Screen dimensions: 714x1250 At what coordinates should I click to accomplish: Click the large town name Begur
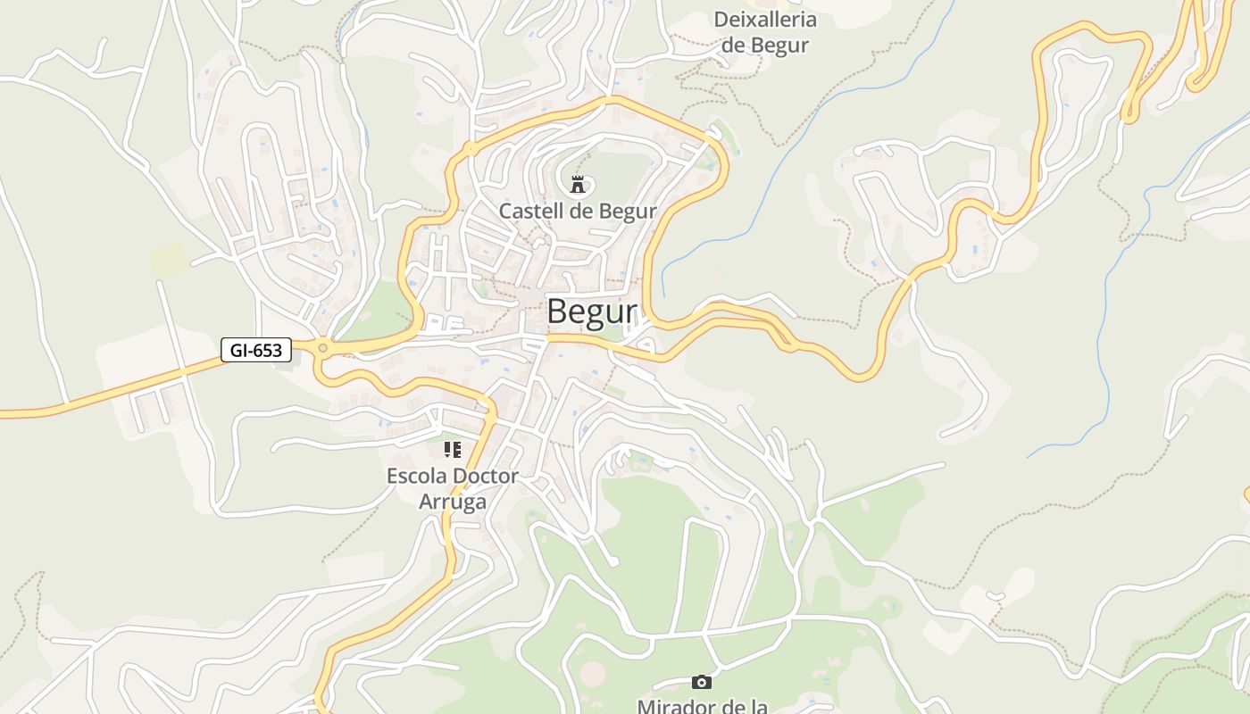pyautogui.click(x=592, y=311)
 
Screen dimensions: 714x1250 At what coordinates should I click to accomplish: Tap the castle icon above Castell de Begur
pyautogui.click(x=578, y=185)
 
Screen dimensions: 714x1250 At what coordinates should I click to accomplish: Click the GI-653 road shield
pyautogui.click(x=256, y=351)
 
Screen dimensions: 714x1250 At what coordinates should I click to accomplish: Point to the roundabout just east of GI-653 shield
pyautogui.click(x=322, y=348)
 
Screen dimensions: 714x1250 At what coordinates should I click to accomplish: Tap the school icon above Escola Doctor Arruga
pyautogui.click(x=453, y=450)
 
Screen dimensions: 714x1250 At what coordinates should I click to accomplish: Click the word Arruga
pyautogui.click(x=453, y=502)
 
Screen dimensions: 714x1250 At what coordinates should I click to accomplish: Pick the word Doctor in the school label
pyautogui.click(x=486, y=476)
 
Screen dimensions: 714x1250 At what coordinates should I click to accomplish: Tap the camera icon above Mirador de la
pyautogui.click(x=702, y=683)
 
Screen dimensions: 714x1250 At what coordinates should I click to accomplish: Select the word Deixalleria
pyautogui.click(x=765, y=20)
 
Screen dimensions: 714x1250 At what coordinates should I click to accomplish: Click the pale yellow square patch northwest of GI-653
pyautogui.click(x=170, y=260)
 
